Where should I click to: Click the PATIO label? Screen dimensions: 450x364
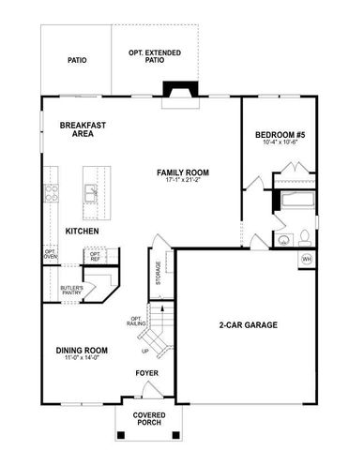pos(77,60)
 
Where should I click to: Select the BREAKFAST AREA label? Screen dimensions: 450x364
pos(82,128)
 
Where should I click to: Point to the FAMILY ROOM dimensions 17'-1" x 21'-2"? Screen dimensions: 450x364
pos(182,184)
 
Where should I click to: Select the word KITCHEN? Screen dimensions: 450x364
pos(83,231)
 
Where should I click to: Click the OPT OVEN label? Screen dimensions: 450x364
pos(50,254)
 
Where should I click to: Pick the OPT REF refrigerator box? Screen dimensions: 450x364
pos(95,255)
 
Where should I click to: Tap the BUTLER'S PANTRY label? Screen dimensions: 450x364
pos(71,290)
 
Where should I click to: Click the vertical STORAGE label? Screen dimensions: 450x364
pos(159,275)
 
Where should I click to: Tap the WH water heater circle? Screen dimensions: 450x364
pos(306,259)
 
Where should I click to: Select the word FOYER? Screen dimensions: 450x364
pos(147,372)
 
